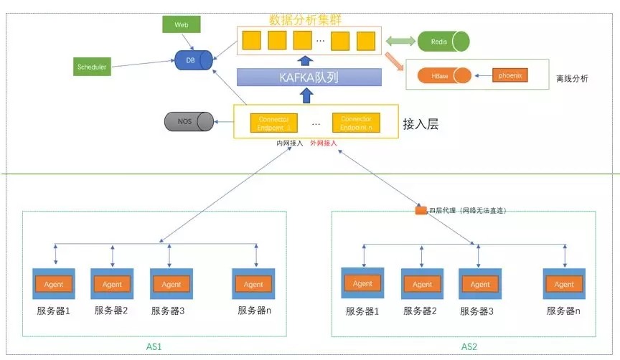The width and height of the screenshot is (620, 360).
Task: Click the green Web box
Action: tap(181, 24)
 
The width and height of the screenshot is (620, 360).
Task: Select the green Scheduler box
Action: tap(92, 67)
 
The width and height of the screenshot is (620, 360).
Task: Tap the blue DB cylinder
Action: tap(194, 60)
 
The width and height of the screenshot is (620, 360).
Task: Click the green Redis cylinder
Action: tap(442, 42)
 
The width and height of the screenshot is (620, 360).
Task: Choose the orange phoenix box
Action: tap(509, 75)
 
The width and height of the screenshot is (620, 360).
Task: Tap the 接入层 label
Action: tap(422, 124)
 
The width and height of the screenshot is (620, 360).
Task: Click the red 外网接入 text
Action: tap(324, 143)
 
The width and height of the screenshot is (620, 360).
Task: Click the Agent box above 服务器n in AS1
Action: tap(253, 284)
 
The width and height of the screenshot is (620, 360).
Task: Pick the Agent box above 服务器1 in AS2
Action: tap(362, 283)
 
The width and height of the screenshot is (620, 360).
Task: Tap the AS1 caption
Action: tap(154, 346)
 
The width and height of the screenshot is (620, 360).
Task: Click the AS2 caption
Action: tap(469, 346)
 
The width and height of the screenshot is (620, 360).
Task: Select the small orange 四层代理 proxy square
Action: tap(421, 211)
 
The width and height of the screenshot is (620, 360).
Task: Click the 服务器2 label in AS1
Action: tap(111, 311)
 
